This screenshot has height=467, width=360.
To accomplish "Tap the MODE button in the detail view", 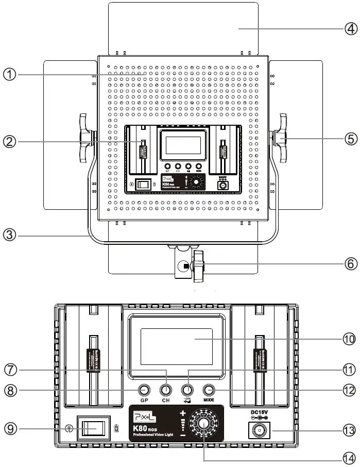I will [x=209, y=390].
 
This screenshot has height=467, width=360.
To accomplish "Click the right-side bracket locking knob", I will [x=281, y=138].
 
